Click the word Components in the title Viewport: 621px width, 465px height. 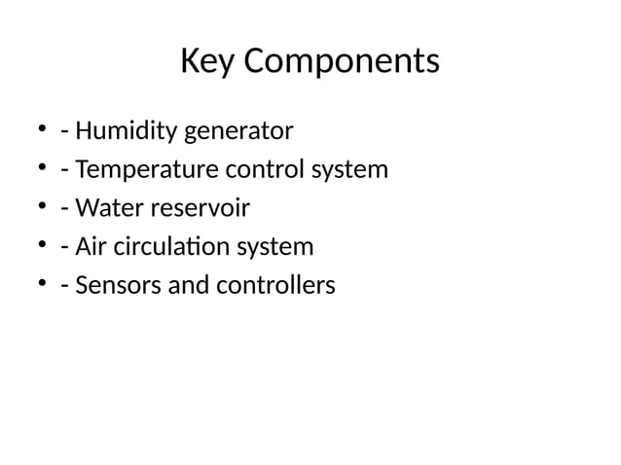point(340,62)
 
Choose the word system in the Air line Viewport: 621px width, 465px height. point(274,247)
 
